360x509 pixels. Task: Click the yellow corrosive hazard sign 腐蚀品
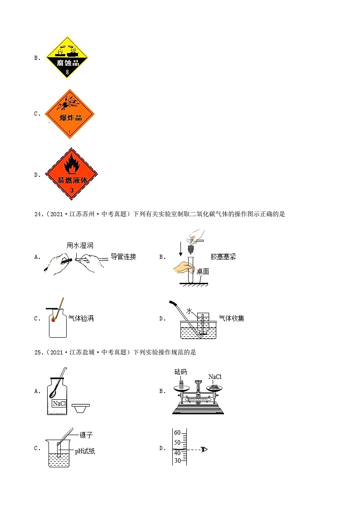coord(67,58)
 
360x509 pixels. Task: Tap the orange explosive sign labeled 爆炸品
coord(70,114)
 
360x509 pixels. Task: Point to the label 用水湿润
coord(80,245)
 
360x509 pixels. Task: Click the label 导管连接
coord(123,257)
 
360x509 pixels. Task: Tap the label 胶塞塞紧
coord(223,257)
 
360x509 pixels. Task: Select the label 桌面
coord(203,271)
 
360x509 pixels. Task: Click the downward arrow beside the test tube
coord(180,248)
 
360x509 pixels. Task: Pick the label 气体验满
coord(81,319)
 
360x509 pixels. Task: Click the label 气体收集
coord(231,318)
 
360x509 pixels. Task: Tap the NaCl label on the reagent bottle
coord(59,403)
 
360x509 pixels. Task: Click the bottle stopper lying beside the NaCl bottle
coord(81,407)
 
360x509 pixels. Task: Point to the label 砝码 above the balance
coord(180,372)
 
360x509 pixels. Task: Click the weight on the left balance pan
coord(182,384)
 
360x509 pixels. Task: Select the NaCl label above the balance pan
coord(214,377)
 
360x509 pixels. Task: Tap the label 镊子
coord(86,436)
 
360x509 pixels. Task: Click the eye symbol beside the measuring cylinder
coord(204,450)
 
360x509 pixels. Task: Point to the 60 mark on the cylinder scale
coord(177,432)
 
